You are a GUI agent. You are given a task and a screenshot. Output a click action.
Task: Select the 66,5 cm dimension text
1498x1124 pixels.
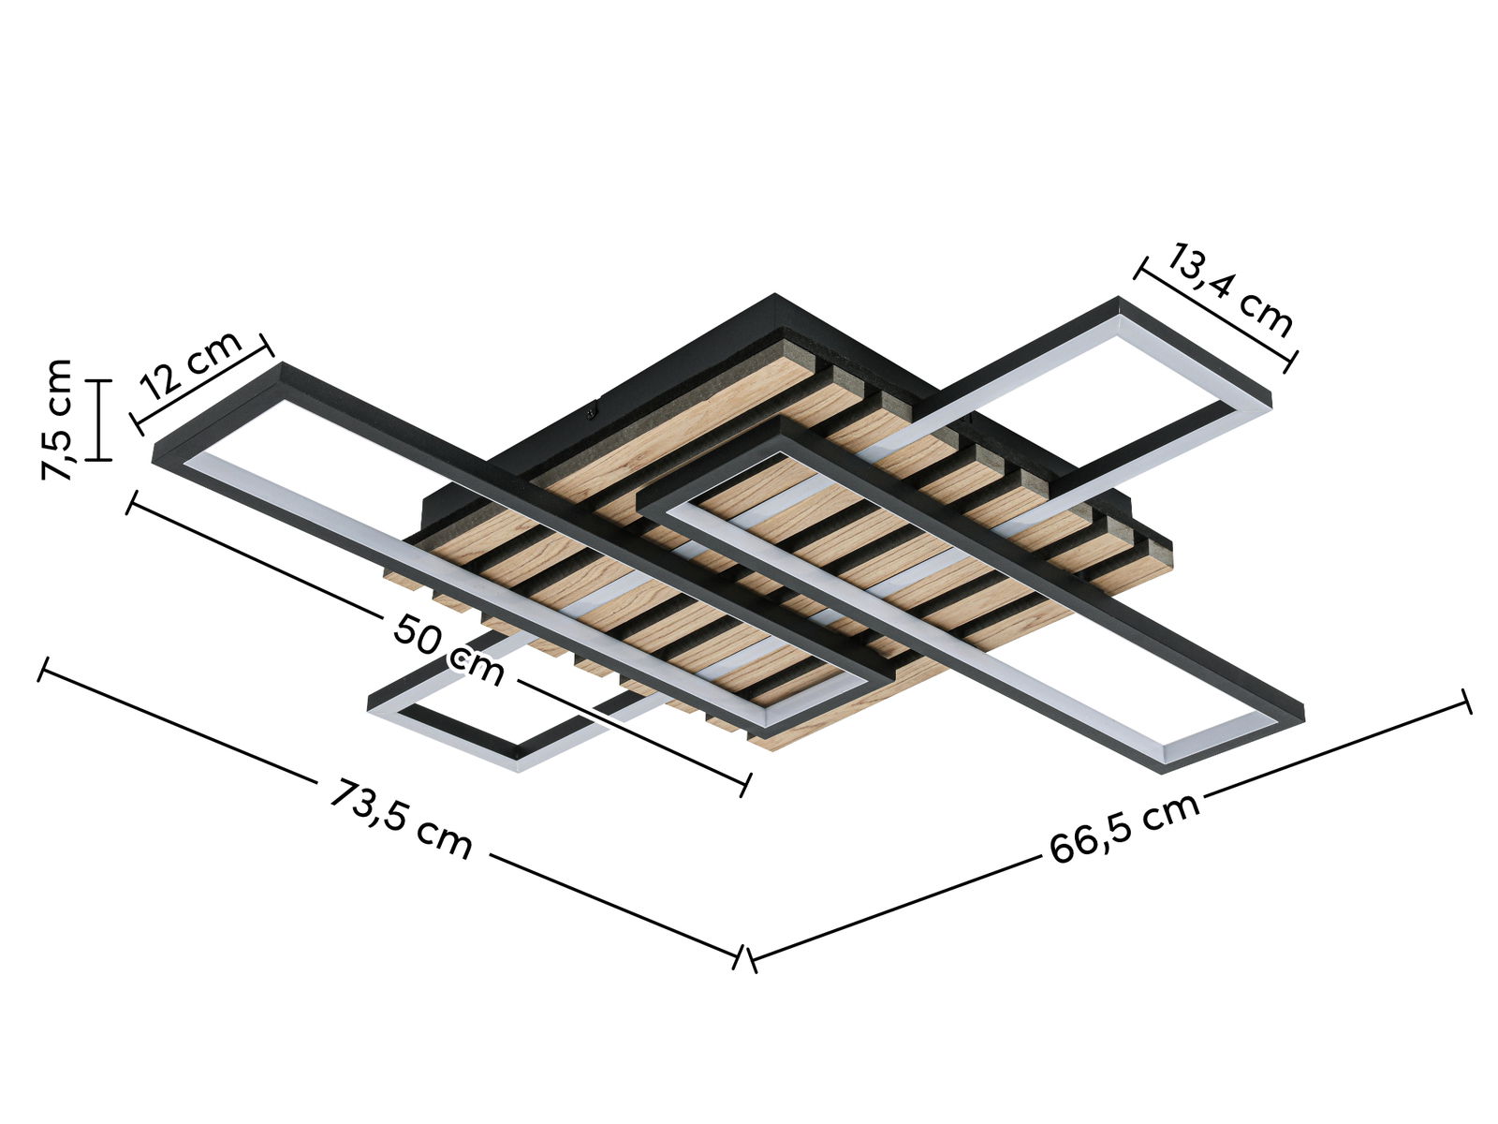coord(1124,828)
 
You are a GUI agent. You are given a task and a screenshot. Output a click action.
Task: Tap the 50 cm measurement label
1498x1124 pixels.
coord(448,648)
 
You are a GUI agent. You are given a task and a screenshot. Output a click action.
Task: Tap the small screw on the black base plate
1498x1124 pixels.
coord(591,408)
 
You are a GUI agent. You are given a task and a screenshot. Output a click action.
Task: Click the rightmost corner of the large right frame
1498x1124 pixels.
coord(1301,710)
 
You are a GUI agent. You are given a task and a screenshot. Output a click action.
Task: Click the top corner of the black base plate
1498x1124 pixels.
coord(774,296)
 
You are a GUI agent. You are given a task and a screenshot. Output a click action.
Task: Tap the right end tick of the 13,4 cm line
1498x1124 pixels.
coord(1291,360)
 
